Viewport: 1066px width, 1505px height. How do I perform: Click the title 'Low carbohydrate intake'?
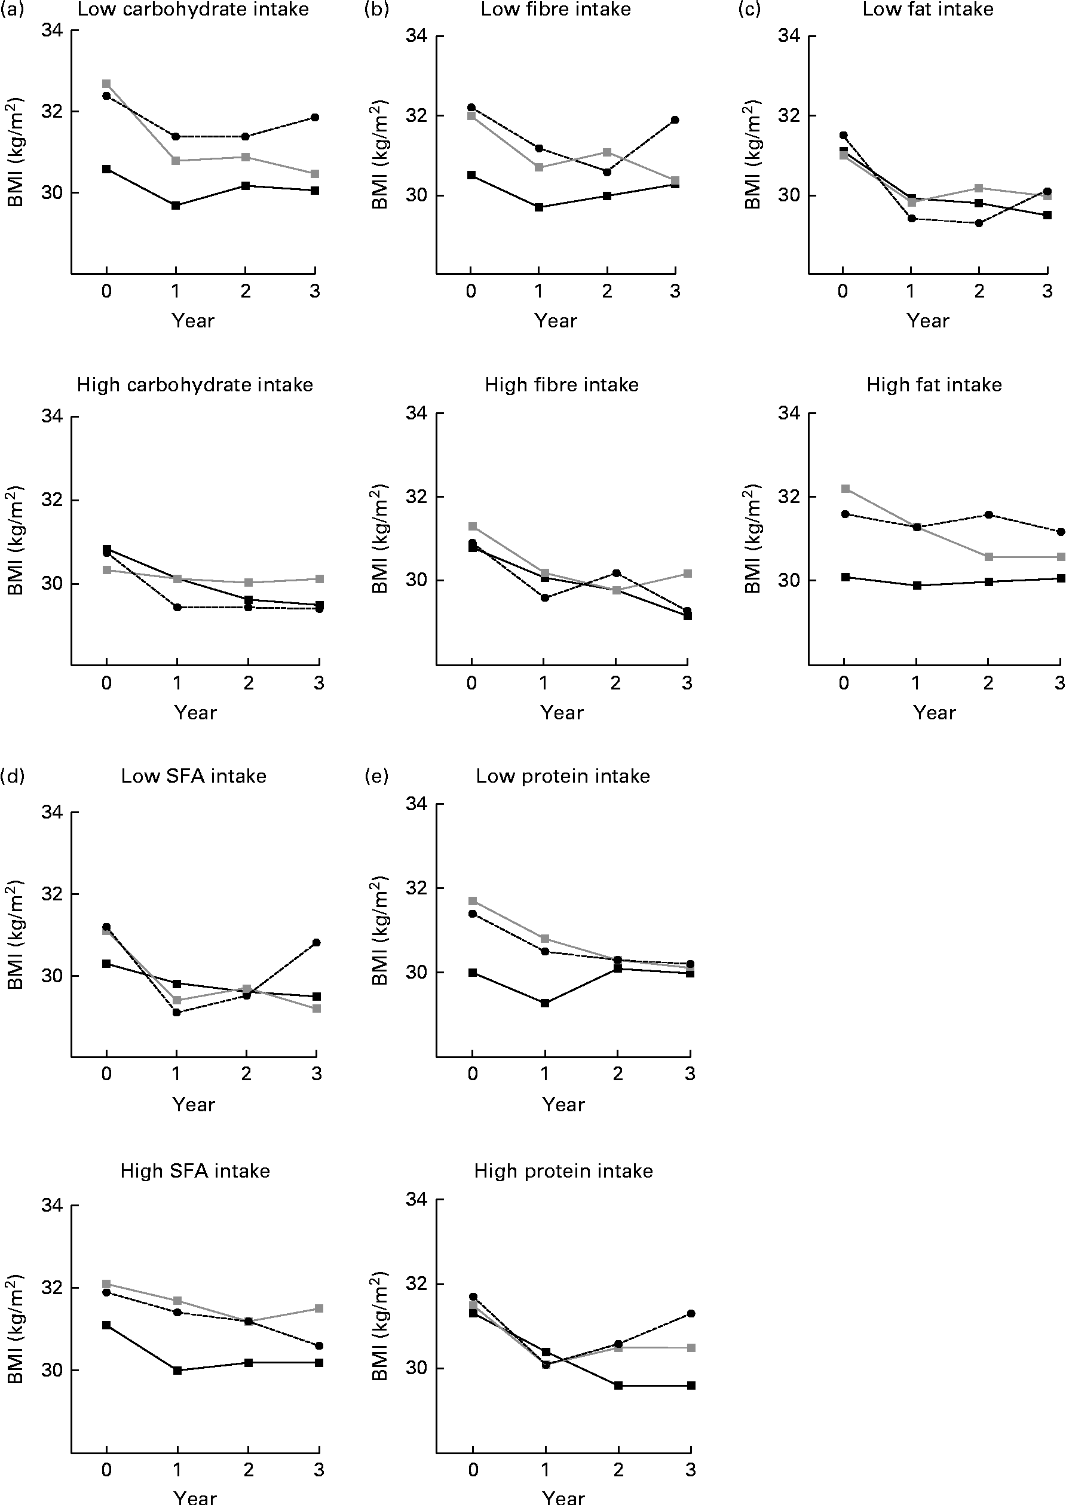[193, 9]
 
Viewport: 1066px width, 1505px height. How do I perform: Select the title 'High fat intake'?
[934, 385]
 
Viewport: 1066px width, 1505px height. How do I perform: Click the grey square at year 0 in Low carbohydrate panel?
[106, 84]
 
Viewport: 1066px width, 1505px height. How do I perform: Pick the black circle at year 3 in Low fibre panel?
[675, 120]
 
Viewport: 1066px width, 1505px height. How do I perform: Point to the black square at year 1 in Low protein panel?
[545, 1003]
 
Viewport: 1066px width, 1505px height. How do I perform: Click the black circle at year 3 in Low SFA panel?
[316, 943]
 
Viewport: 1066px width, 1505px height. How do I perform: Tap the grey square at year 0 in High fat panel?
[846, 489]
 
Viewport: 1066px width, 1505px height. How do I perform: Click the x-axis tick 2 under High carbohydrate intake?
[249, 683]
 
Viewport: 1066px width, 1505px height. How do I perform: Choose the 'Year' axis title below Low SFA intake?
[194, 1105]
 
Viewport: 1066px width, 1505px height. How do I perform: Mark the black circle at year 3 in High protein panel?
[691, 1313]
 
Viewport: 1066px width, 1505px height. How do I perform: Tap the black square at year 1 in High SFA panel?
[177, 1371]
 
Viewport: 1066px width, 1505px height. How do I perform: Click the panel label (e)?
[377, 777]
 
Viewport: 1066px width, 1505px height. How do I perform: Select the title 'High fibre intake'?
[562, 385]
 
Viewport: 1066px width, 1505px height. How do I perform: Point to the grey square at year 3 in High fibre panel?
[687, 574]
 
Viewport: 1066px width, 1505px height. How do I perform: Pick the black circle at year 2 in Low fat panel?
[979, 223]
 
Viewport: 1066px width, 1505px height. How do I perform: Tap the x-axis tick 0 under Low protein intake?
[473, 1074]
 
